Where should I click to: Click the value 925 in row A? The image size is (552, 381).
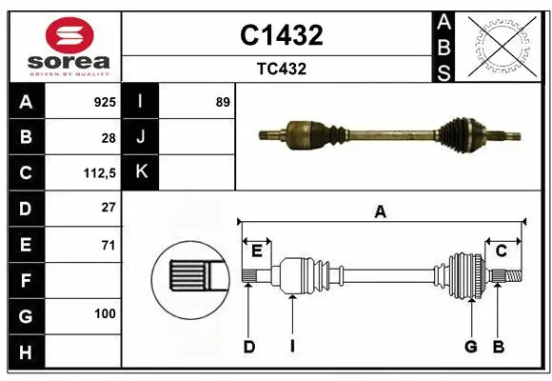pos(104,102)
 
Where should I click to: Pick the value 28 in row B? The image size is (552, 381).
pos(108,137)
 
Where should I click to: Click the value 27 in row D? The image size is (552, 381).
pos(108,208)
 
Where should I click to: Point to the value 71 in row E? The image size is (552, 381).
pos(108,245)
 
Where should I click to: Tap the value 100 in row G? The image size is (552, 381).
pos(105,313)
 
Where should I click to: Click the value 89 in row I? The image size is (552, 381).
pos(222,102)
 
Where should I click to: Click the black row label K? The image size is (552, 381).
pos(141,172)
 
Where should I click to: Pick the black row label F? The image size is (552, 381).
pos(25,280)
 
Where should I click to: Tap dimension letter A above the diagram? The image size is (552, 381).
pos(381,212)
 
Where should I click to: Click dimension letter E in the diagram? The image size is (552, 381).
pos(256,251)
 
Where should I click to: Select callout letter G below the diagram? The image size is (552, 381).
pos(470,347)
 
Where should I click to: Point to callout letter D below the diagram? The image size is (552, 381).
pos(249,347)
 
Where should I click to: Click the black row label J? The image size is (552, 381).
pos(141,137)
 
